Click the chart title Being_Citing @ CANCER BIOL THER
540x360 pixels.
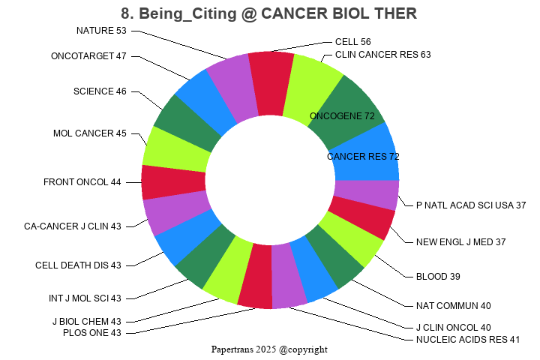[x=269, y=13]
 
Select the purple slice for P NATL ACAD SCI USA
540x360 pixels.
[x=367, y=194]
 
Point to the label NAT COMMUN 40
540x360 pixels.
[x=453, y=306]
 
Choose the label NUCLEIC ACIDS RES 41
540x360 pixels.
[x=467, y=340]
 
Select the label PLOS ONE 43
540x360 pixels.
[x=92, y=333]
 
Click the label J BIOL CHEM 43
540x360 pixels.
[x=86, y=322]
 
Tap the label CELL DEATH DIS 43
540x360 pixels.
[x=78, y=265]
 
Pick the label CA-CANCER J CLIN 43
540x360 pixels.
[x=72, y=226]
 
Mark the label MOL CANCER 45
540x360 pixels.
[x=90, y=133]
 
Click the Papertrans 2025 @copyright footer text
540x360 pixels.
[x=269, y=349]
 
